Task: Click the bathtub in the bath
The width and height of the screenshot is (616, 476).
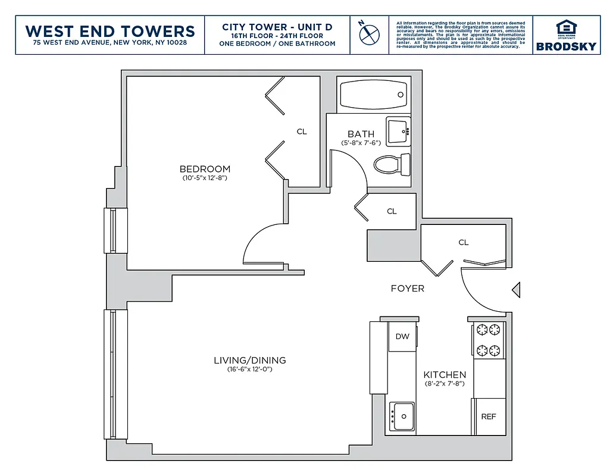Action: point(374,95)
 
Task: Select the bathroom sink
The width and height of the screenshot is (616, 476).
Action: point(398,131)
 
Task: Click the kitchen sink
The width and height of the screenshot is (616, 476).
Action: point(403,415)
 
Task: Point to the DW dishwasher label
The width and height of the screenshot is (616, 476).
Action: point(402,336)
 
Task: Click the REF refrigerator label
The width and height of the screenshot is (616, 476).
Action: point(488,416)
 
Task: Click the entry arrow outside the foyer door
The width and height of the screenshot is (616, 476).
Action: point(516,290)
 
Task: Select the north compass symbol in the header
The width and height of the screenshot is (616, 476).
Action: point(369,33)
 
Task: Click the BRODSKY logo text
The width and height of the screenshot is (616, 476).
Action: point(565,46)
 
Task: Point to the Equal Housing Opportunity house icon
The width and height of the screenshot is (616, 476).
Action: point(565,28)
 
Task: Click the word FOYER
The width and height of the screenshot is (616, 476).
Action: point(407,289)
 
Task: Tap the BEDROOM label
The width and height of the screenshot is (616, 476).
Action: point(205,169)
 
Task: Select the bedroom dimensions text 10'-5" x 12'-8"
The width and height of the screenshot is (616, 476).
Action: point(205,178)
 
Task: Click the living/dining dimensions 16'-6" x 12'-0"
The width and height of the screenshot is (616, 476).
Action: point(249,369)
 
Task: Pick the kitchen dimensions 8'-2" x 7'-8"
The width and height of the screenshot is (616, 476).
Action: point(445,384)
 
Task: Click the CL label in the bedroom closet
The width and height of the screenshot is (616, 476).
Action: point(302,131)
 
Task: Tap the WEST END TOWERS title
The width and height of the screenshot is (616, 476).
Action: point(110,31)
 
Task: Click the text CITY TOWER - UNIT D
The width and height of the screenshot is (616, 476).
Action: point(277,27)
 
